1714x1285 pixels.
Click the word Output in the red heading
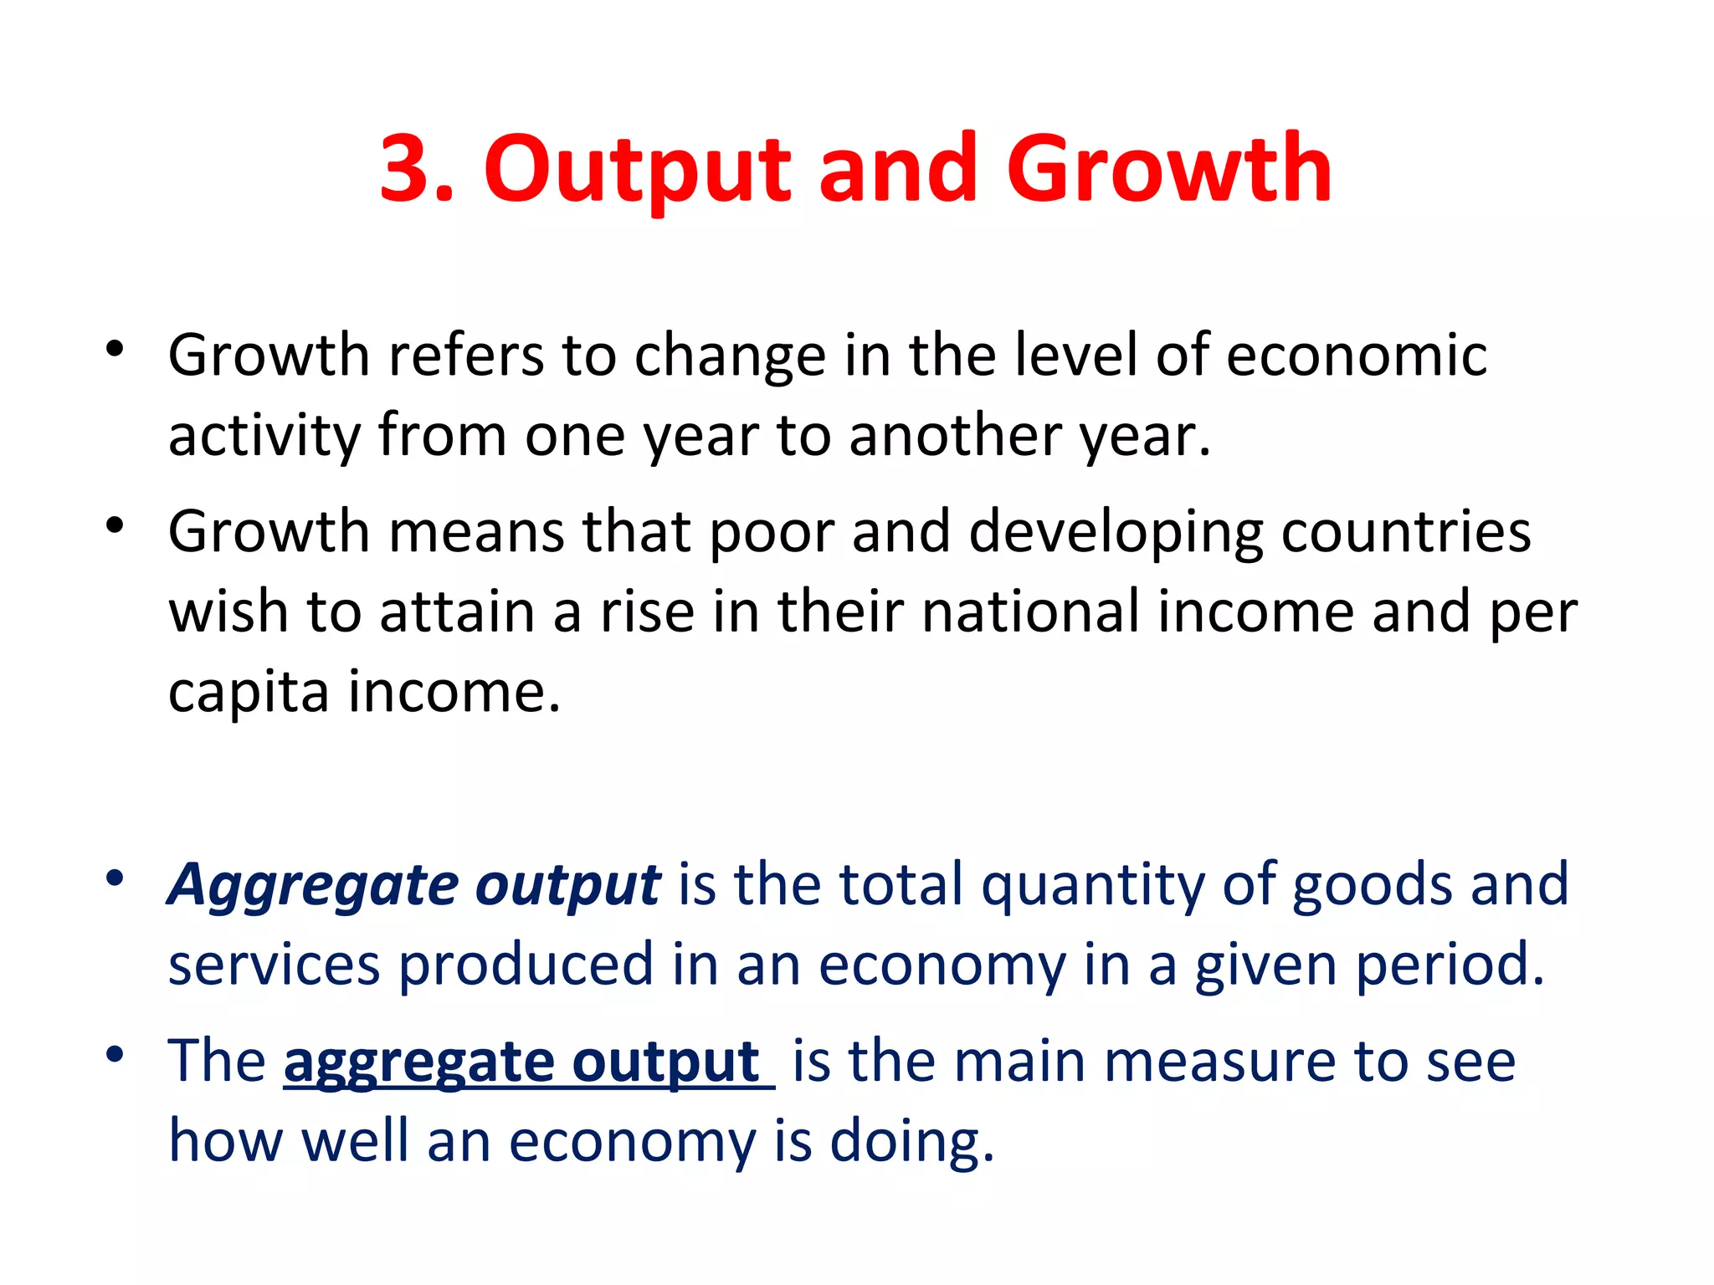click(x=636, y=172)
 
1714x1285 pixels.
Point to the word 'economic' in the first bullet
click(x=1356, y=356)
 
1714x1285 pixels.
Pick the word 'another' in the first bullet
click(x=955, y=435)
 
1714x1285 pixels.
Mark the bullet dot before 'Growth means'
click(x=115, y=525)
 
